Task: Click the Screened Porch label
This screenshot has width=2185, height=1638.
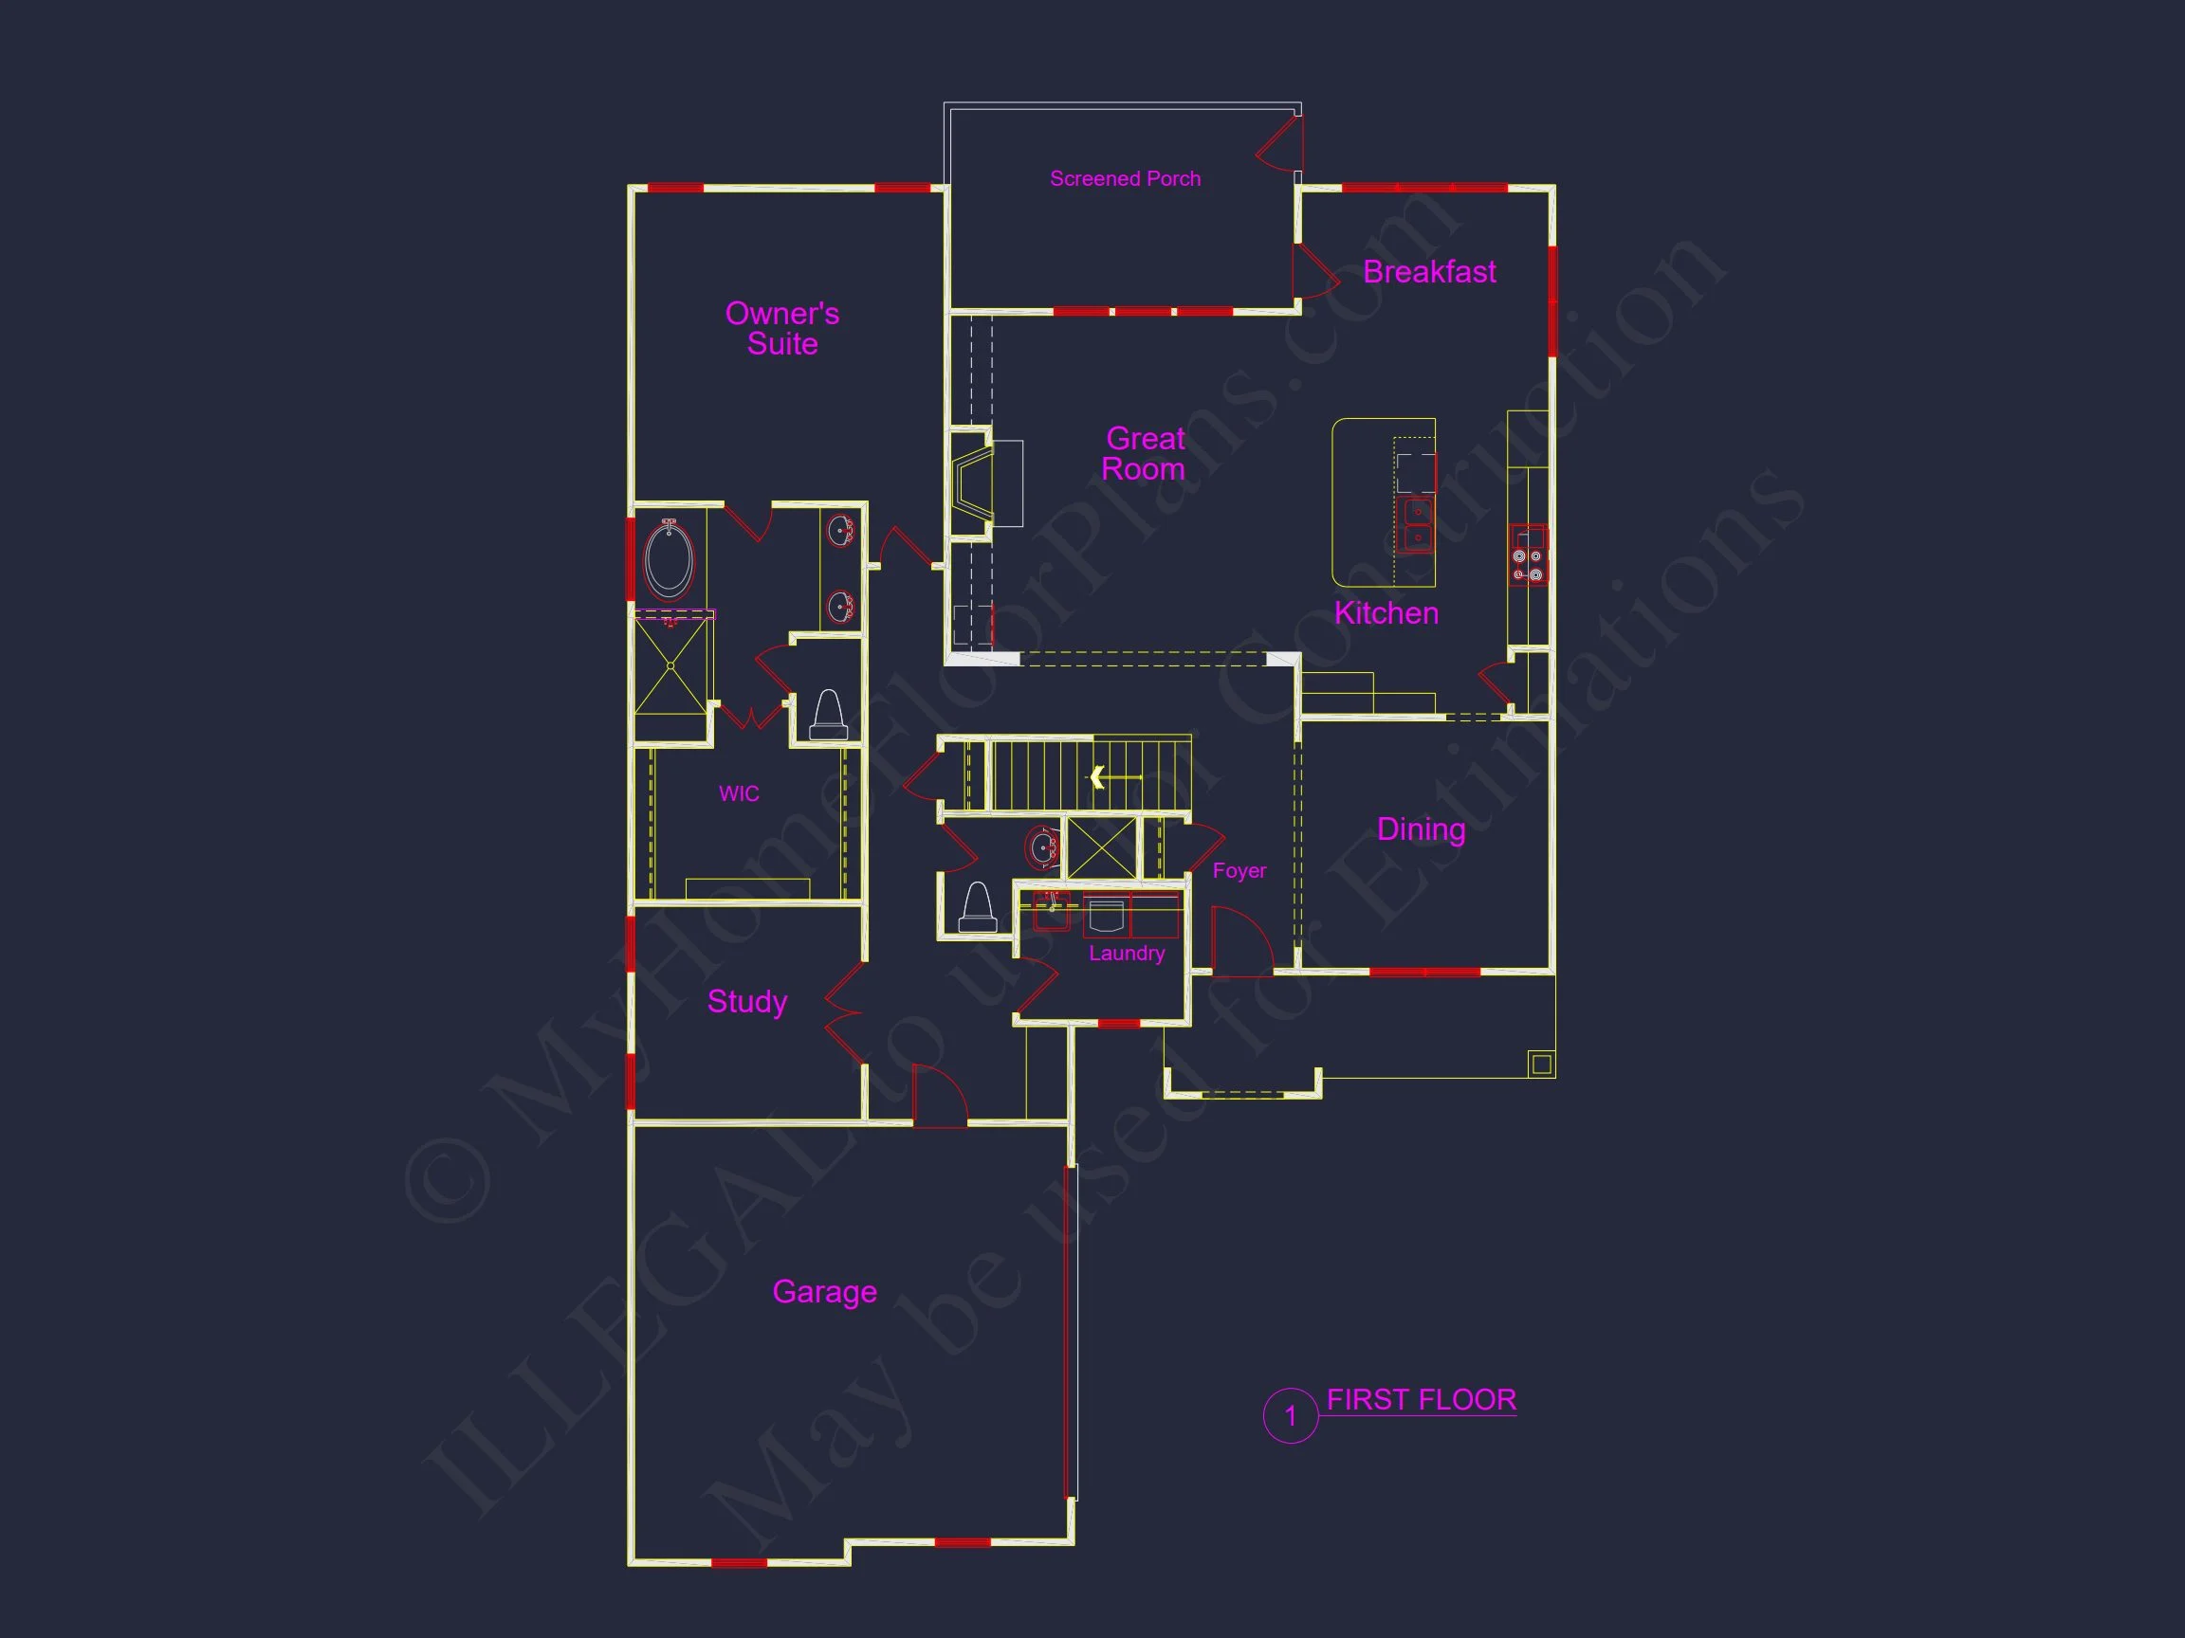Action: pyautogui.click(x=1125, y=179)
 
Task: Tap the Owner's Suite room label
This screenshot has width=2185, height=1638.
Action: pyautogui.click(x=781, y=329)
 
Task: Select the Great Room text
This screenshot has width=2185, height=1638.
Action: pyautogui.click(x=1144, y=453)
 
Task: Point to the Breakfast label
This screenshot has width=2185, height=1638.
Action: pyautogui.click(x=1428, y=271)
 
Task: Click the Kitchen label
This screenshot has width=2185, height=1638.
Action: pyautogui.click(x=1386, y=613)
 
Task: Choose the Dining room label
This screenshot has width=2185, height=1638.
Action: pyautogui.click(x=1421, y=829)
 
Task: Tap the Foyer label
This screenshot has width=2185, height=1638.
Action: pyautogui.click(x=1239, y=871)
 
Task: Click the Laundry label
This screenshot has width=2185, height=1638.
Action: pyautogui.click(x=1126, y=953)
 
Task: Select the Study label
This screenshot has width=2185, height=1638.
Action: pyautogui.click(x=746, y=1001)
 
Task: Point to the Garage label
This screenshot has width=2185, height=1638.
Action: pyautogui.click(x=824, y=1291)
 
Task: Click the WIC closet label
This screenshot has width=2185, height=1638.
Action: pyautogui.click(x=739, y=793)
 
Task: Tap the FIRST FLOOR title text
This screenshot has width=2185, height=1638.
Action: pyautogui.click(x=1421, y=1400)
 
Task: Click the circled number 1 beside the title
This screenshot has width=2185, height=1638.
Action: pyautogui.click(x=1290, y=1416)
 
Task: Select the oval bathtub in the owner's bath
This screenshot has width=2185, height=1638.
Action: pyautogui.click(x=669, y=560)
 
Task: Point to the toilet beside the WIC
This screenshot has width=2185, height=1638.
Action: pyautogui.click(x=828, y=715)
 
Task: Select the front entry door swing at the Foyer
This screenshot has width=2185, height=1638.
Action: pyautogui.click(x=1239, y=943)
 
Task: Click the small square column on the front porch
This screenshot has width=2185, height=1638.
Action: pyautogui.click(x=1541, y=1064)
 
